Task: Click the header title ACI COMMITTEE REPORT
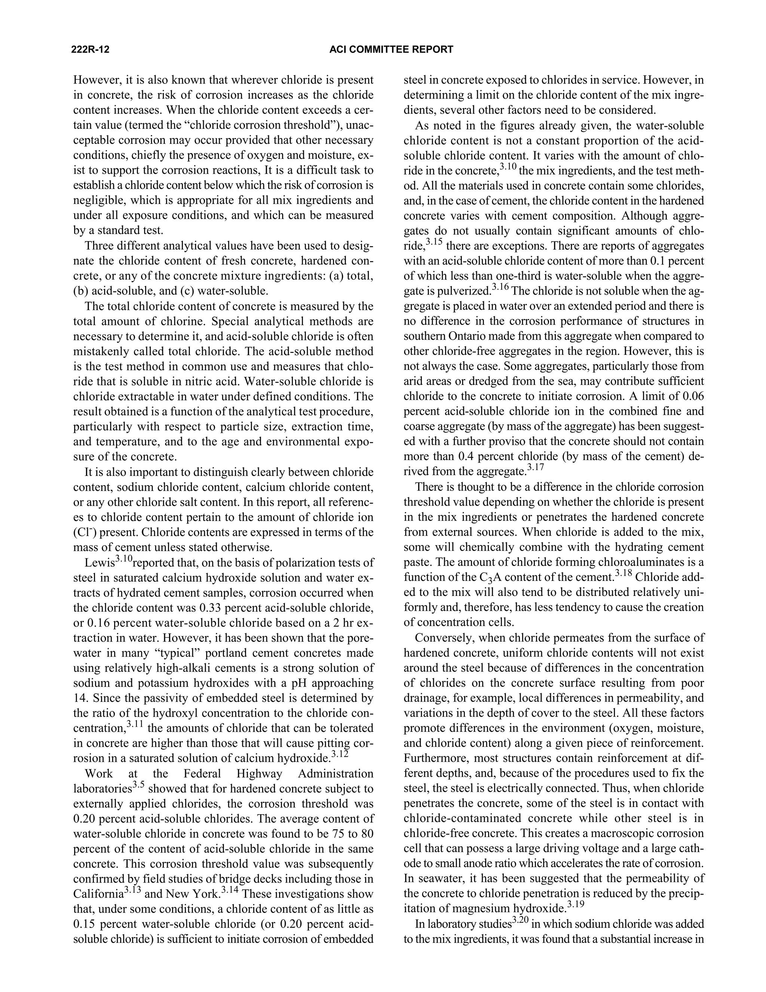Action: (391, 49)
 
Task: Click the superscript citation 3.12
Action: (340, 754)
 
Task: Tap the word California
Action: (98, 894)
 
